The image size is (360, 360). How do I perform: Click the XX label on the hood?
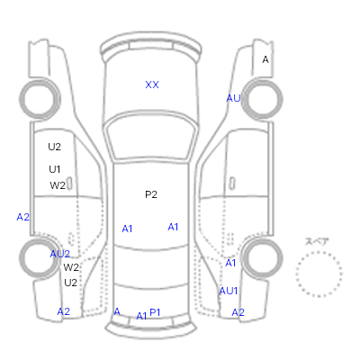pyautogui.click(x=152, y=85)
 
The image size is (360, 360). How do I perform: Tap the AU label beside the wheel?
pyautogui.click(x=233, y=98)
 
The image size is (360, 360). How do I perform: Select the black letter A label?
pyautogui.click(x=265, y=59)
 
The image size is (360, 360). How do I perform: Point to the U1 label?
pyautogui.click(x=55, y=169)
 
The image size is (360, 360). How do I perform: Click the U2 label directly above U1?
pyautogui.click(x=54, y=147)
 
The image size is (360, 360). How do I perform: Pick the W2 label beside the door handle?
pyautogui.click(x=58, y=185)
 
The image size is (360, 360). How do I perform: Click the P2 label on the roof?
pyautogui.click(x=151, y=194)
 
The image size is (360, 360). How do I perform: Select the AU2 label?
pyautogui.click(x=60, y=254)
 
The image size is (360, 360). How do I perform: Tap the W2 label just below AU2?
pyautogui.click(x=71, y=267)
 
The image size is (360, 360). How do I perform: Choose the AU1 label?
pyautogui.click(x=229, y=291)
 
